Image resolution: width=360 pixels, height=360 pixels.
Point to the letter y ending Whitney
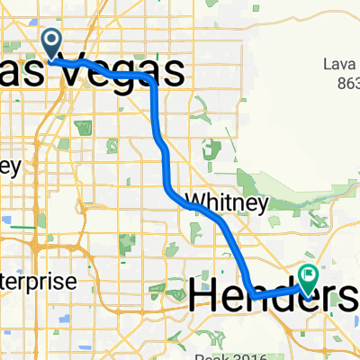(263, 205)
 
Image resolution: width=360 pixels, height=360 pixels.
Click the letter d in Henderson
(286, 292)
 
